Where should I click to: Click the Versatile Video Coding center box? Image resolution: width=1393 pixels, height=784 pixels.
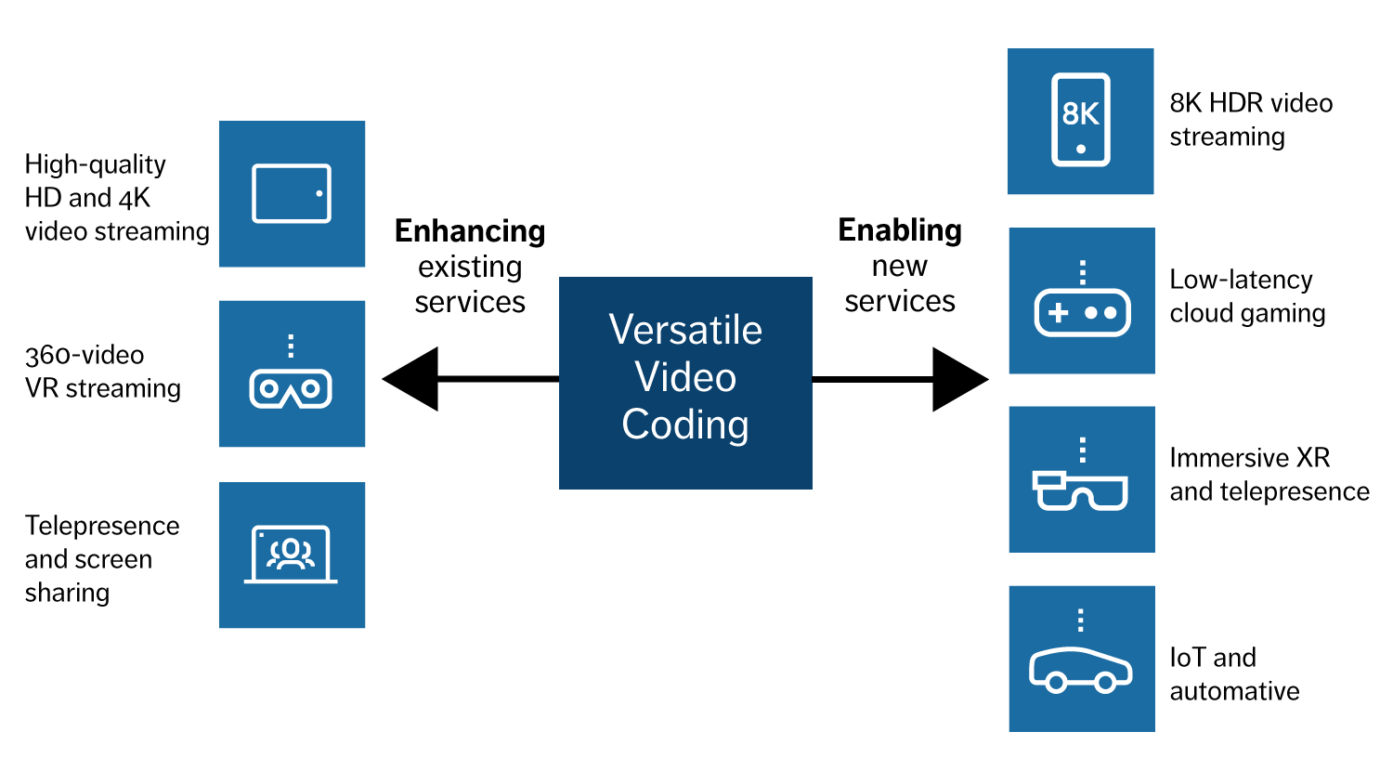(685, 382)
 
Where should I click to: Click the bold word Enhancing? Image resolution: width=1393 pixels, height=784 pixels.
(470, 231)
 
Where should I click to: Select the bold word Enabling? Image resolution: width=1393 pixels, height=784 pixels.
(900, 230)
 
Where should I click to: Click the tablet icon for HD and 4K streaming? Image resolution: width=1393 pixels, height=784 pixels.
(292, 193)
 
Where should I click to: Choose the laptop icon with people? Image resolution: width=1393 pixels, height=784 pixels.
(292, 555)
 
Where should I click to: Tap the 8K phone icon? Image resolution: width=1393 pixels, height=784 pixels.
(1080, 120)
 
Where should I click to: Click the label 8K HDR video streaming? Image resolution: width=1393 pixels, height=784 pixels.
(1250, 120)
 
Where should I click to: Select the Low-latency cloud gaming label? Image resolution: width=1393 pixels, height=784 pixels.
(1246, 296)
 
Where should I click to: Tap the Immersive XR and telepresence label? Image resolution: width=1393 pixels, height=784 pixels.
(1269, 475)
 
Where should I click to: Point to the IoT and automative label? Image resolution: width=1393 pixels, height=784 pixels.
(1233, 674)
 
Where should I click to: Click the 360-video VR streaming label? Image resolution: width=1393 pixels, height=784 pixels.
(102, 372)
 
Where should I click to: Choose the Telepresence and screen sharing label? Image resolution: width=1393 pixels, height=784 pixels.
(101, 559)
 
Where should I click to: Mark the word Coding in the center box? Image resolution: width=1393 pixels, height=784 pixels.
(685, 425)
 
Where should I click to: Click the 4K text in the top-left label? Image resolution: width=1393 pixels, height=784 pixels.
(135, 198)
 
